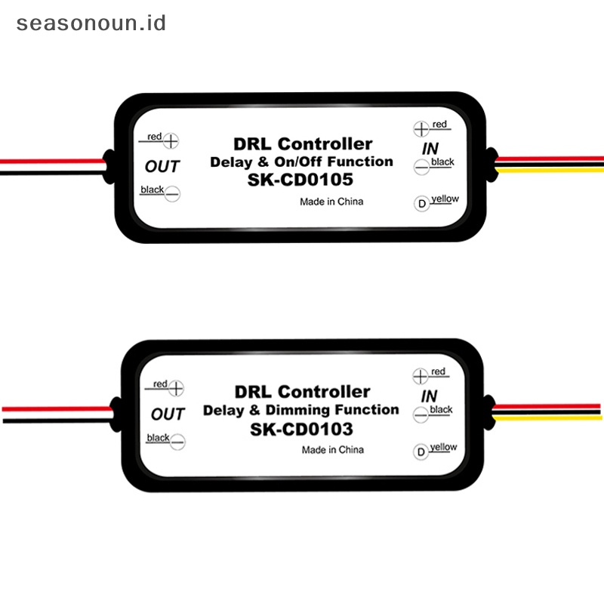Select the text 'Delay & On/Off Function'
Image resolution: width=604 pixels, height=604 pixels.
pyautogui.click(x=301, y=162)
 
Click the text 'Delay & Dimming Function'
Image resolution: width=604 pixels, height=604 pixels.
pyautogui.click(x=301, y=410)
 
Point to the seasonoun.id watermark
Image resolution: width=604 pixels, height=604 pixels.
pyautogui.click(x=91, y=23)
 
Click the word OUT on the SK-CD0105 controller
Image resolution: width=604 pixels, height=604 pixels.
pyautogui.click(x=162, y=165)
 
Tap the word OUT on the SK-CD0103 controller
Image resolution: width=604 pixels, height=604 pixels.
pyautogui.click(x=168, y=414)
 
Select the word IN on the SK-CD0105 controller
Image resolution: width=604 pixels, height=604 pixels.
pyautogui.click(x=430, y=148)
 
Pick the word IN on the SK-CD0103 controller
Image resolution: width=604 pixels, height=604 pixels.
pyautogui.click(x=429, y=396)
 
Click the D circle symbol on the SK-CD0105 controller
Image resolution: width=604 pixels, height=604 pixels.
pyautogui.click(x=421, y=204)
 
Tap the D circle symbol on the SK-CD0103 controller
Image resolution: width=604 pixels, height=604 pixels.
pyautogui.click(x=421, y=452)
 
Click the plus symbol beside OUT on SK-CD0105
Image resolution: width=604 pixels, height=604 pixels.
pyautogui.click(x=172, y=140)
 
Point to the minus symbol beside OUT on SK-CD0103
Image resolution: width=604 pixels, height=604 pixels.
pyautogui.click(x=178, y=442)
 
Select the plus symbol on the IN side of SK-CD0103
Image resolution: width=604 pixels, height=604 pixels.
pyautogui.click(x=421, y=375)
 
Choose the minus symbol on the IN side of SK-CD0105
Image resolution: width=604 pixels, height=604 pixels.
pyautogui.click(x=421, y=169)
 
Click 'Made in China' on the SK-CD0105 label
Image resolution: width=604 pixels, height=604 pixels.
pyautogui.click(x=331, y=202)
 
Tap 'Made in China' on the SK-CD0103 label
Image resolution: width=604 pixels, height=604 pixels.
pyautogui.click(x=332, y=450)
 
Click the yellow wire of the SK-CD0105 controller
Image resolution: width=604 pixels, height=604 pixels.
pyautogui.click(x=551, y=170)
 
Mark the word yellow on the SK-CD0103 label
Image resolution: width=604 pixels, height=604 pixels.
pyautogui.click(x=443, y=447)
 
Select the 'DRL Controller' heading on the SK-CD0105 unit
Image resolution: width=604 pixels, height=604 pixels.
pyautogui.click(x=302, y=143)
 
